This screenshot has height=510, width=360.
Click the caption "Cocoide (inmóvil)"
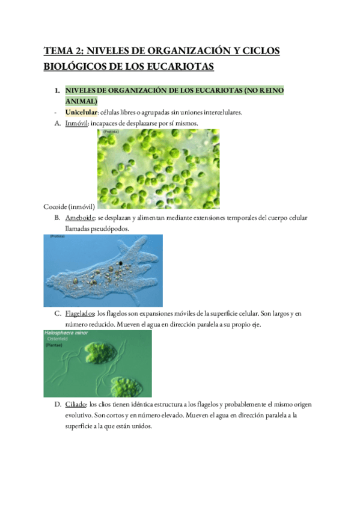(x=69, y=206)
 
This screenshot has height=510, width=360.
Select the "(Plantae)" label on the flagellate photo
(x=55, y=346)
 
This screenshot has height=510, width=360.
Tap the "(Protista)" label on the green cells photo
(x=110, y=132)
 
